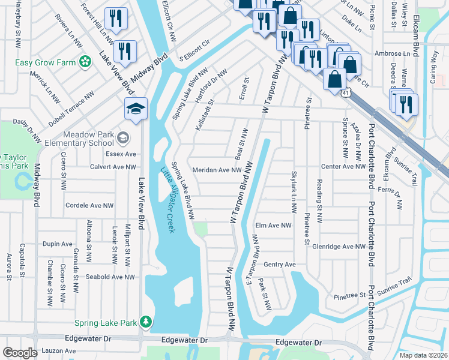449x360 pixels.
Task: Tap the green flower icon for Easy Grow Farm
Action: point(86,61)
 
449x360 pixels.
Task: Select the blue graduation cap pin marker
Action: point(136,109)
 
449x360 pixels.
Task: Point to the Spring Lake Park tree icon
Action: point(145,322)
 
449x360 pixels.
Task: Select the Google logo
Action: point(20,353)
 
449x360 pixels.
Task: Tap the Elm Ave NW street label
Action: point(273,226)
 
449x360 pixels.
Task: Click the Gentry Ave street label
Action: point(280,264)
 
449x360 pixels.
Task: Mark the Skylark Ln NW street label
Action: point(294,194)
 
